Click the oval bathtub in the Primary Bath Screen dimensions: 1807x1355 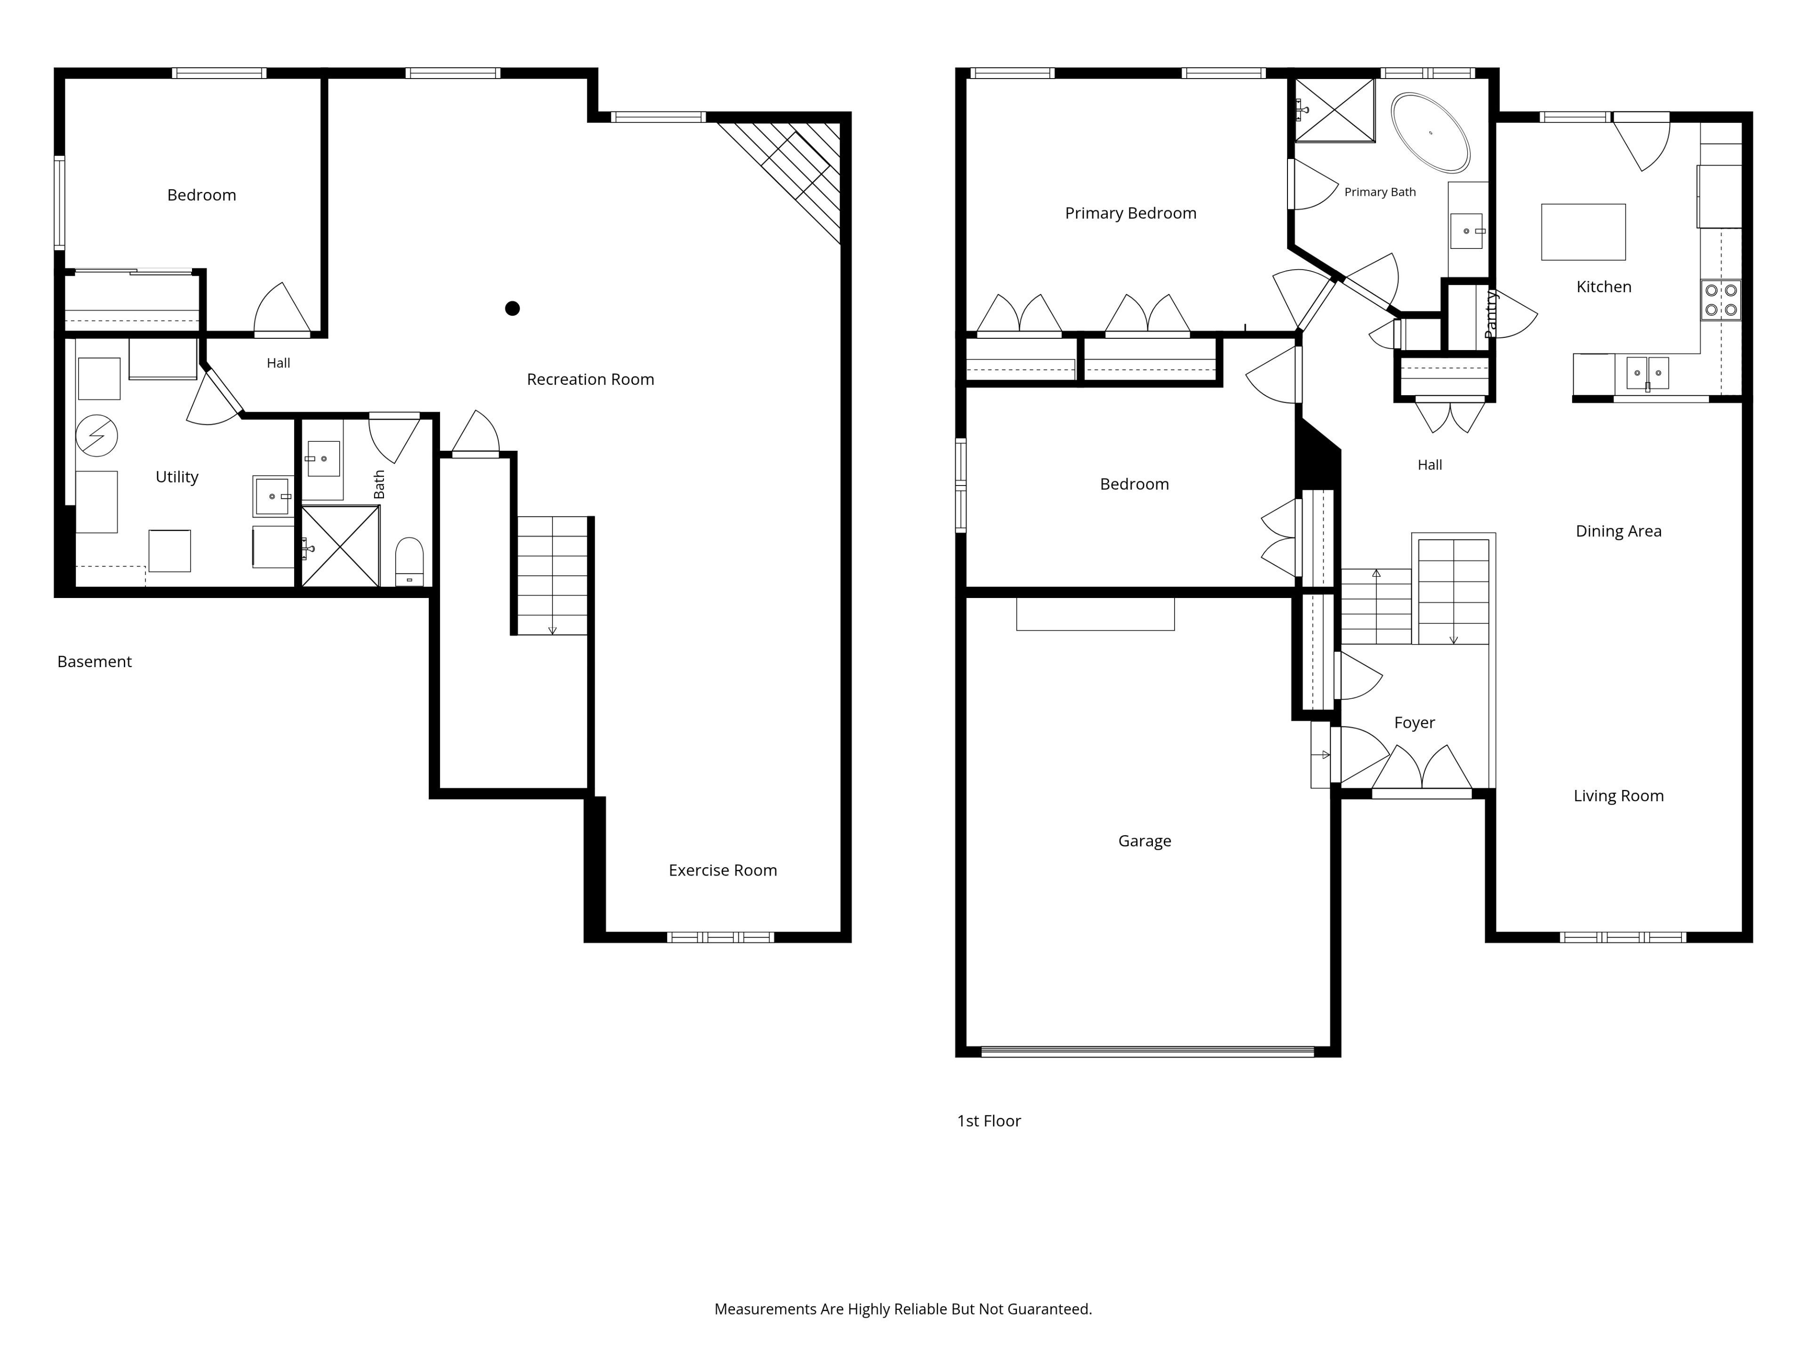pyautogui.click(x=1431, y=132)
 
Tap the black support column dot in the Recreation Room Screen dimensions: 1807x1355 pyautogui.click(x=512, y=308)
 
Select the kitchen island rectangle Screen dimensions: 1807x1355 pyautogui.click(x=1583, y=232)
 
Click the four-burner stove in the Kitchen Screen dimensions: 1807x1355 pyautogui.click(x=1720, y=300)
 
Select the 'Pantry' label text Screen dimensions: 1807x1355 pyautogui.click(x=1491, y=314)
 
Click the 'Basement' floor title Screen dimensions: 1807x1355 pyautogui.click(x=94, y=662)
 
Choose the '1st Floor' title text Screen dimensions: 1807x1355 pyautogui.click(x=989, y=1121)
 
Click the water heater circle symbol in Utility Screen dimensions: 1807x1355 pyautogui.click(x=96, y=435)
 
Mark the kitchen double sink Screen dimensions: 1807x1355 pyautogui.click(x=1647, y=373)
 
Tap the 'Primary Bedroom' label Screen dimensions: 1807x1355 pyautogui.click(x=1131, y=213)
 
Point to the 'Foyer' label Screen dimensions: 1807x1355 pyautogui.click(x=1414, y=723)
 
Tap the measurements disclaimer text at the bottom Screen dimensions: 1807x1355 pyautogui.click(x=903, y=1309)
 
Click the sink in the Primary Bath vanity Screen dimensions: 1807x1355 pyautogui.click(x=1466, y=231)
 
